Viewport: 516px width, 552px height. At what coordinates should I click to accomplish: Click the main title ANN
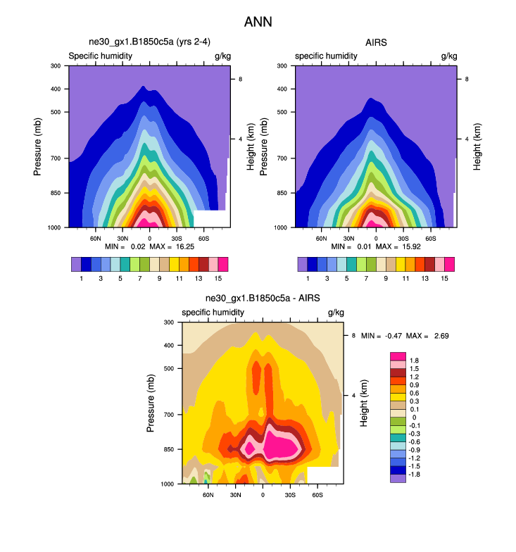click(258, 22)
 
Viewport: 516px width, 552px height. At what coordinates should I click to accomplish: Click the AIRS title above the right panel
click(377, 43)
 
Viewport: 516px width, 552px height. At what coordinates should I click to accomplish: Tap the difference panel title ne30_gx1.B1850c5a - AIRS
click(263, 299)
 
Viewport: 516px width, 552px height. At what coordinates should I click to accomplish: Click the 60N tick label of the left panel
click(96, 239)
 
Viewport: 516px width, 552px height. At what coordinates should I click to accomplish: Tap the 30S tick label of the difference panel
click(290, 495)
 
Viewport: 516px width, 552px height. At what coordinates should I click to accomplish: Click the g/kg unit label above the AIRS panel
click(448, 56)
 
